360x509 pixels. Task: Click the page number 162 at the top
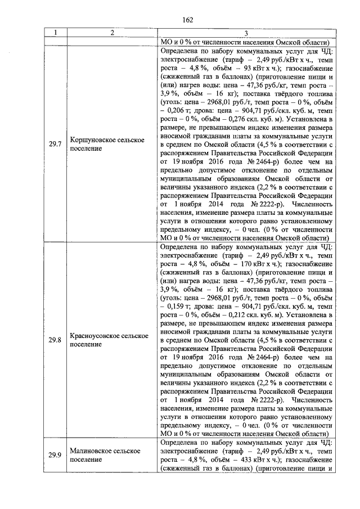point(187,20)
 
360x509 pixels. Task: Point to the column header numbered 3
point(246,33)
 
